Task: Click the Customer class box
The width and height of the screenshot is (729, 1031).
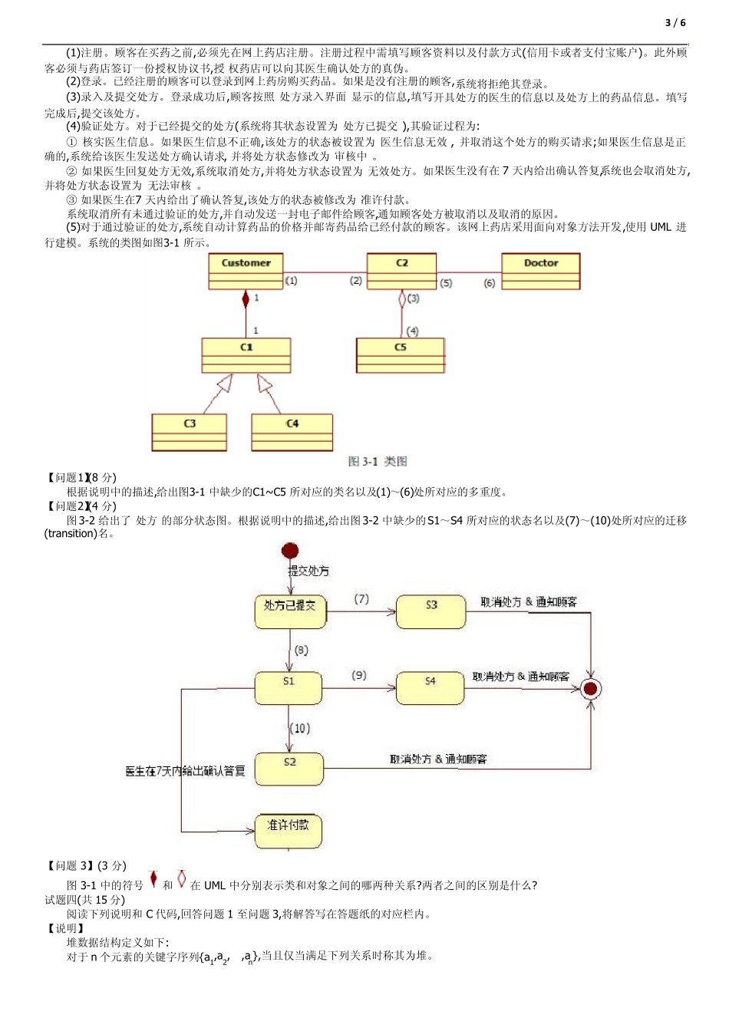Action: [246, 272]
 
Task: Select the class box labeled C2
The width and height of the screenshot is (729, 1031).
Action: [401, 272]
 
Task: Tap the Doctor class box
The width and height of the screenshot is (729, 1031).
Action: [540, 272]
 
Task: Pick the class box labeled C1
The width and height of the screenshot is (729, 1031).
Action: [246, 355]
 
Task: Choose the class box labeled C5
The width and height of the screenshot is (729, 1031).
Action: [400, 355]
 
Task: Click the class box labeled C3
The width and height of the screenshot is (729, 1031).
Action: [190, 432]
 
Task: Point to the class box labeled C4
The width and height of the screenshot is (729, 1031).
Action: [292, 432]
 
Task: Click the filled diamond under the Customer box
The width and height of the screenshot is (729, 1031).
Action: [246, 298]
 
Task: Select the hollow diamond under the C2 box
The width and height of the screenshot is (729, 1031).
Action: [401, 299]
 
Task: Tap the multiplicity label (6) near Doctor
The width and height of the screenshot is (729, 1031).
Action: [489, 283]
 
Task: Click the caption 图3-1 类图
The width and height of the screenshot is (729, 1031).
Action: [378, 461]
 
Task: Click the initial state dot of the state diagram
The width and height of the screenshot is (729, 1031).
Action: [290, 551]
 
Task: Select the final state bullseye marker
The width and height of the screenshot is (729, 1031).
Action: [590, 688]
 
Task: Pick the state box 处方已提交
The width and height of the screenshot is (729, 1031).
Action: [290, 611]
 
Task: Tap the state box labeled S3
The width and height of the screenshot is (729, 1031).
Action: [431, 611]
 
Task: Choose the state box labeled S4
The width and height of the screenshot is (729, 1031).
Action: [430, 687]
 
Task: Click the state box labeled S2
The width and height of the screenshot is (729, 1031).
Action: [289, 769]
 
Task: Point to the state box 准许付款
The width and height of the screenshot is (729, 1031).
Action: [289, 831]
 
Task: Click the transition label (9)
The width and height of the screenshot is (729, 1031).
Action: [359, 675]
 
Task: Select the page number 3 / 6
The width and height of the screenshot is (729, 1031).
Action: [675, 22]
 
